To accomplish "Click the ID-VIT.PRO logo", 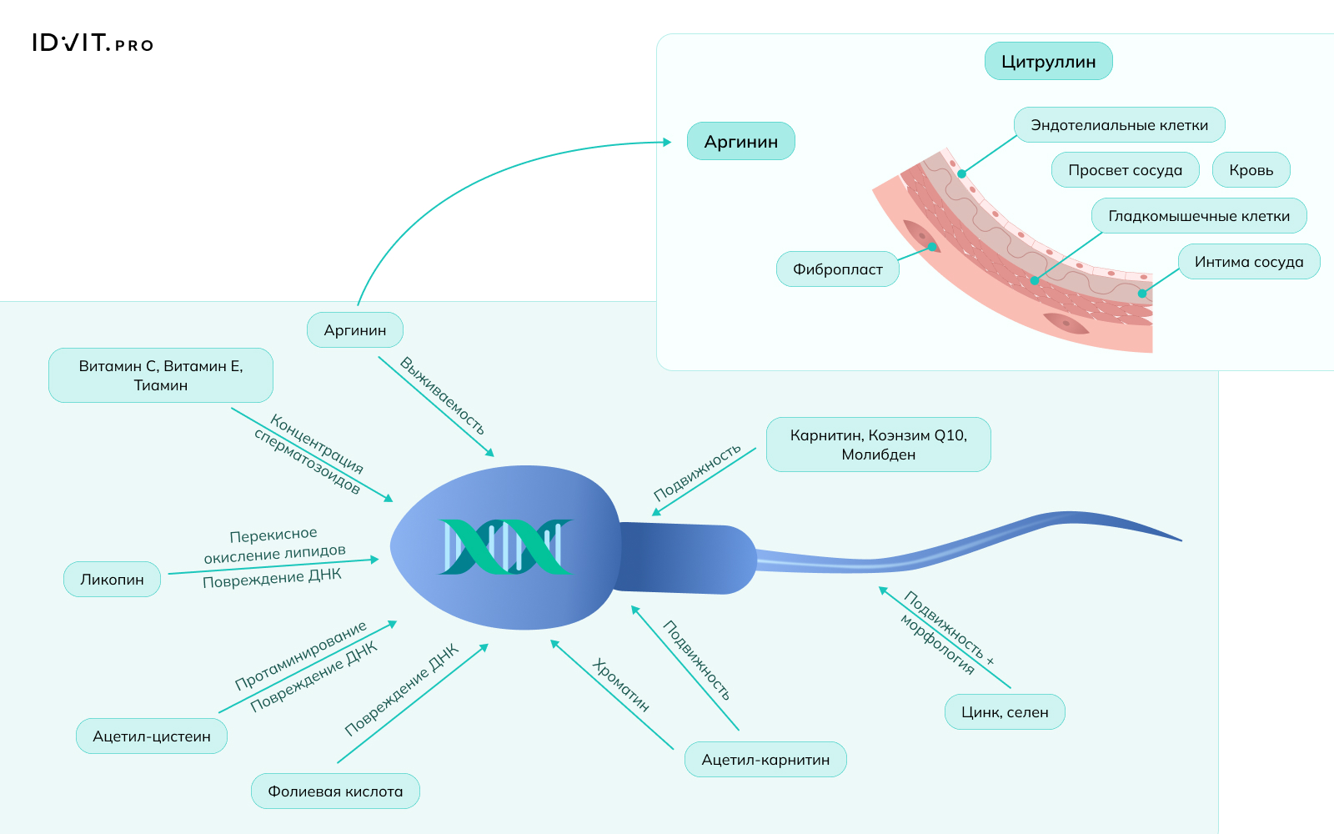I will pyautogui.click(x=93, y=43).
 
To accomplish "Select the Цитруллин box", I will pyautogui.click(x=1048, y=62).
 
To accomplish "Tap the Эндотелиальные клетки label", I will pyautogui.click(x=1119, y=125).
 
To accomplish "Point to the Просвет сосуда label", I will pyautogui.click(x=1125, y=170).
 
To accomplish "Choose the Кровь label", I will pyautogui.click(x=1251, y=170).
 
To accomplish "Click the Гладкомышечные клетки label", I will pyautogui.click(x=1198, y=216).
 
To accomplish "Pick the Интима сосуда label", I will pyautogui.click(x=1248, y=262).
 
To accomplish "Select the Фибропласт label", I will pyautogui.click(x=837, y=269).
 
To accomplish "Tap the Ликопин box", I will pyautogui.click(x=112, y=580).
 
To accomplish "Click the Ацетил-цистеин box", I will pyautogui.click(x=152, y=736).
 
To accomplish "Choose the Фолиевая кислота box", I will pyautogui.click(x=335, y=791).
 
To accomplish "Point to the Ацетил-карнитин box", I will pyautogui.click(x=765, y=760).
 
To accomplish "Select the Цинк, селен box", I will pyautogui.click(x=1005, y=712).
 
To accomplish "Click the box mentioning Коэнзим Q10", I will pyautogui.click(x=878, y=445).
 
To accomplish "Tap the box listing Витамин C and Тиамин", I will pyautogui.click(x=161, y=375).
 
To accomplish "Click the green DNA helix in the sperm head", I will pyautogui.click(x=504, y=547).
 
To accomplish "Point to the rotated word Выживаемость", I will pyautogui.click(x=442, y=395).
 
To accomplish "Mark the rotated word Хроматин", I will pyautogui.click(x=620, y=685).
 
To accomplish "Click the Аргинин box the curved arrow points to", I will pyautogui.click(x=740, y=142).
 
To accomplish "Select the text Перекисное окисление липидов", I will pyautogui.click(x=274, y=545).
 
